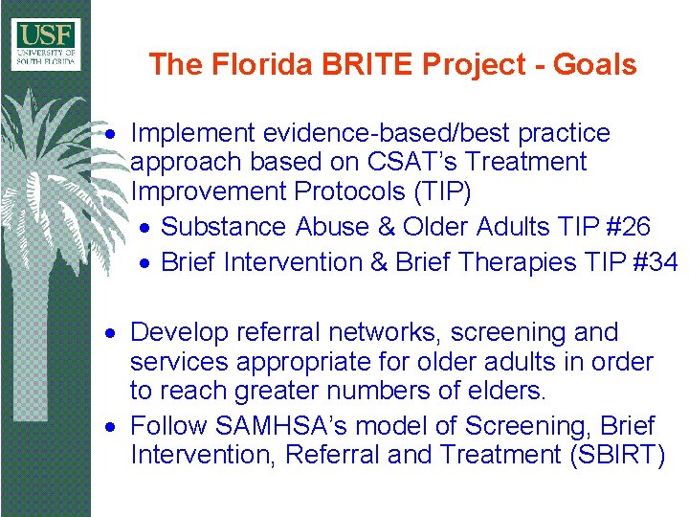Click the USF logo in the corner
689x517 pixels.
[46, 43]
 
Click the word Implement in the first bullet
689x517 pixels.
[192, 132]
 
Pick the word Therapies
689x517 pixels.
[521, 262]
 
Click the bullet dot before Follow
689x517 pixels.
[112, 426]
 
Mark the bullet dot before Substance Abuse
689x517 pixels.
[143, 228]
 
